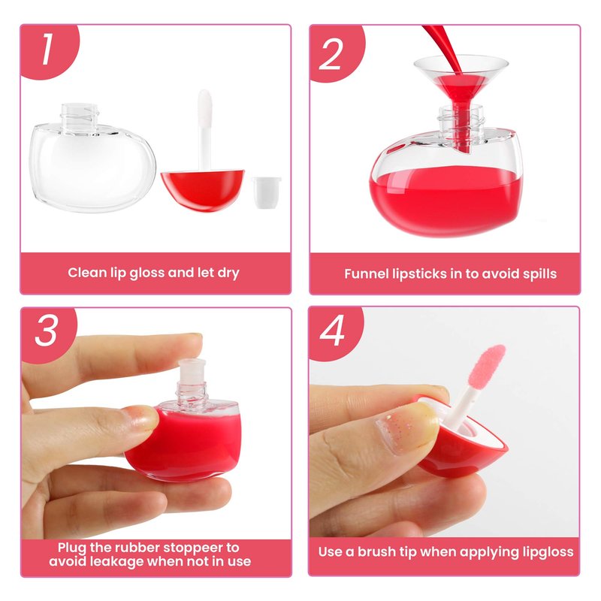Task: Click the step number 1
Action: click(47, 49)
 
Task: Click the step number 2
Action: click(330, 54)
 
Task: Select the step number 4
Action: click(332, 331)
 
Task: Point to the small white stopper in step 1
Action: click(267, 192)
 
